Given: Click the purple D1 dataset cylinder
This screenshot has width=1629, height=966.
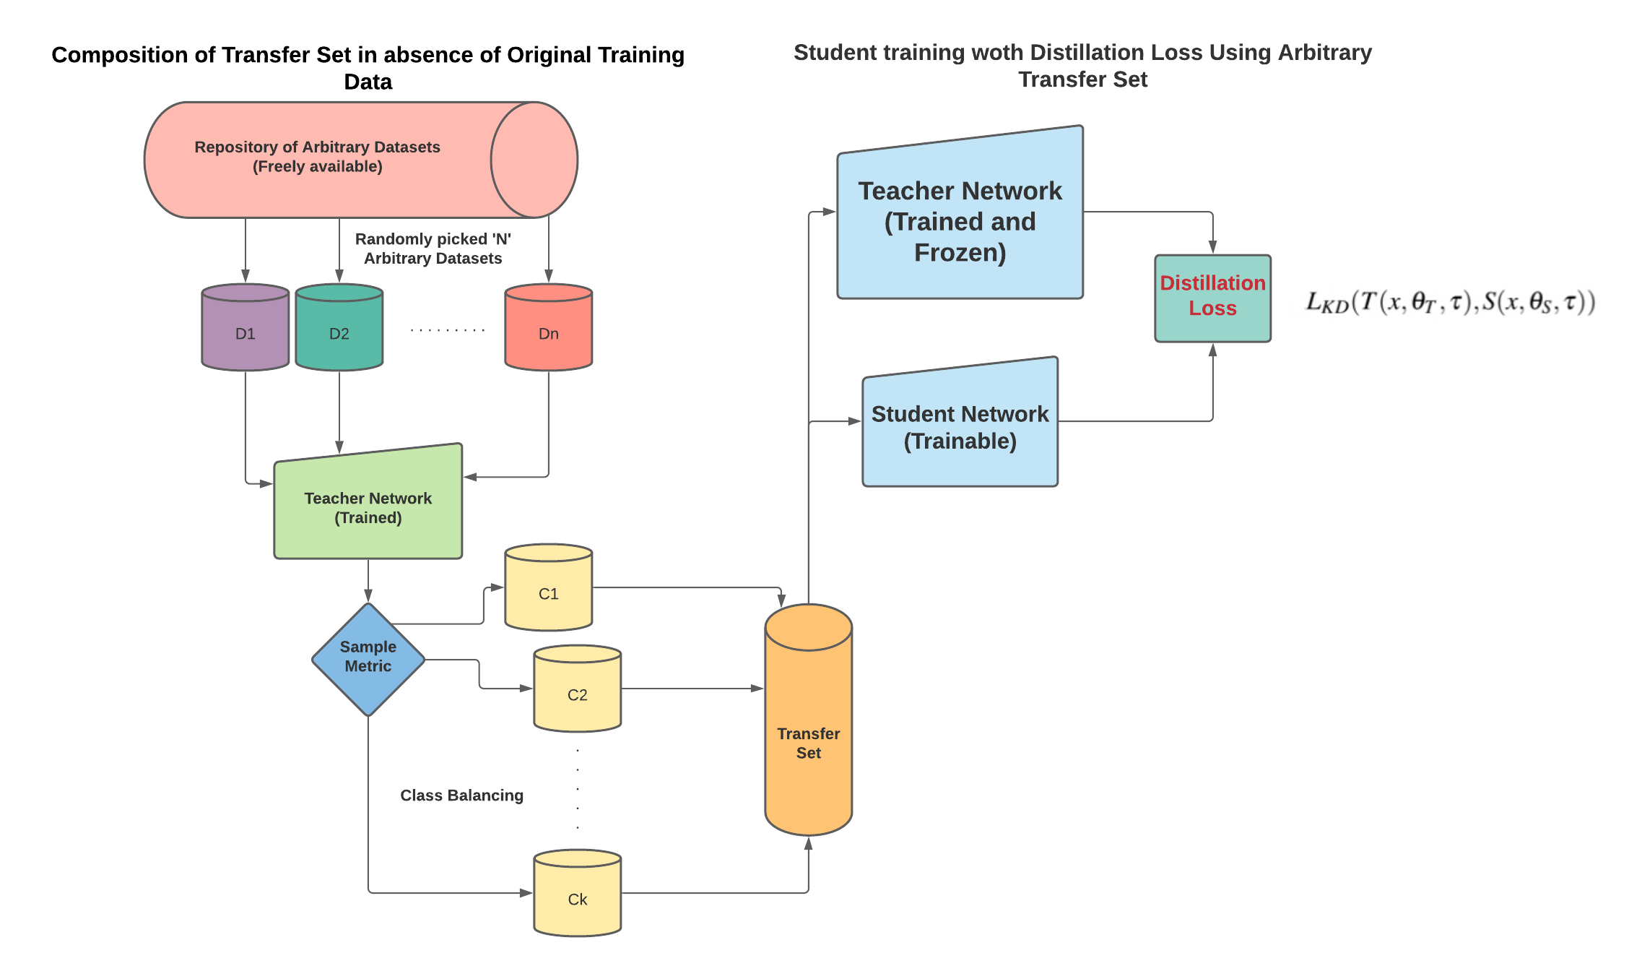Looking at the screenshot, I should tap(246, 328).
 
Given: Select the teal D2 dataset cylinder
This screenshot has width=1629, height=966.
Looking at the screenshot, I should tap(339, 328).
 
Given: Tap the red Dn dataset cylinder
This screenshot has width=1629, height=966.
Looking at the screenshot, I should tap(549, 328).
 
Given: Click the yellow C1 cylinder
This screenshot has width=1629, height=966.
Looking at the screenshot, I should tap(549, 589).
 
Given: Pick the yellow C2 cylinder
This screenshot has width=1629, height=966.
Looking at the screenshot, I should tap(578, 690).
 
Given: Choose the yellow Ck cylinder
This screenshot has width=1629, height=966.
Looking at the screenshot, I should tap(578, 894).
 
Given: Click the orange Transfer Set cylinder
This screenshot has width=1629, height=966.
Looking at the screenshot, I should tap(809, 723).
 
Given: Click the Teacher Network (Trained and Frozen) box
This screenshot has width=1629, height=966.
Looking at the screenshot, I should tap(960, 221).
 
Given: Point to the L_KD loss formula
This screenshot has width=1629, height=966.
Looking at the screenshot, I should tap(1450, 302).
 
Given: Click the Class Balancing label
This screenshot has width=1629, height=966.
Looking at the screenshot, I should tap(462, 795).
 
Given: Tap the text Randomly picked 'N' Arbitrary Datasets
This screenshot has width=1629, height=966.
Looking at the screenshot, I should tap(433, 249).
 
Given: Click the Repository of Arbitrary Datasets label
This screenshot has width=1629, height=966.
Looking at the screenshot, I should tap(318, 157).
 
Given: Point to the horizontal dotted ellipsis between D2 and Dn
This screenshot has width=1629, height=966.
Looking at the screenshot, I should tap(447, 330).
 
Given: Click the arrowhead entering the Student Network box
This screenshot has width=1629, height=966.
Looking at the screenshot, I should tap(854, 421).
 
